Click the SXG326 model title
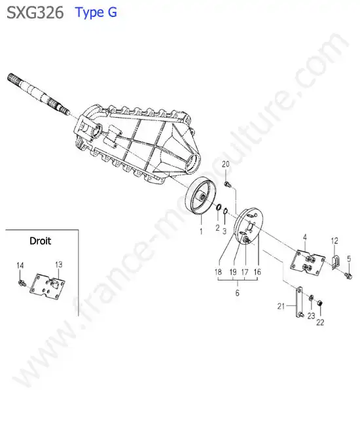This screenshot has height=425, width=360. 35,12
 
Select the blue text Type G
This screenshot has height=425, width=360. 96,12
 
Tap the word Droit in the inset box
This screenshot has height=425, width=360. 40,241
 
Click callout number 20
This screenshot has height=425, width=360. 225,164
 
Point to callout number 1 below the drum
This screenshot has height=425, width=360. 201,231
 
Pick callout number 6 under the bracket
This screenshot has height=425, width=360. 238,293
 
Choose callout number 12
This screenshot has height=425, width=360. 334,241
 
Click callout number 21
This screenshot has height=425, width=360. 281,306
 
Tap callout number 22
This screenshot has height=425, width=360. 320,322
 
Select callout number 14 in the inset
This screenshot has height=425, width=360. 20,265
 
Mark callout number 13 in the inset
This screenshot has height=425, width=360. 59,264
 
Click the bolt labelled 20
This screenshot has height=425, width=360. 227,184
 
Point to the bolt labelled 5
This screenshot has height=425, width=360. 348,276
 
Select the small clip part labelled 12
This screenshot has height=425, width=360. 335,262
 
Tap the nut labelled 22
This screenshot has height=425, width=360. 320,303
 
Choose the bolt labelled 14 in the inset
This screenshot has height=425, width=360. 22,283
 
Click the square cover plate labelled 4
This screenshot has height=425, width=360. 308,262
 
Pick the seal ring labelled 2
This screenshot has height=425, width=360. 218,207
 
